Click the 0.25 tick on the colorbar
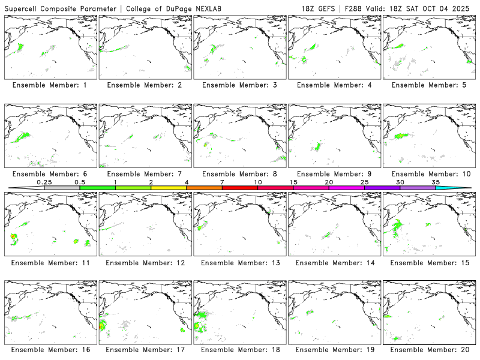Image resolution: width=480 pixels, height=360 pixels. [44, 182]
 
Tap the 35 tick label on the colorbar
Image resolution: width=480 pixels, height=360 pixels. [436, 182]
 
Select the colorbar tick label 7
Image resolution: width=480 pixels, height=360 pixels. [222, 182]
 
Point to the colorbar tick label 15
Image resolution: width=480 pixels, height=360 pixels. [293, 182]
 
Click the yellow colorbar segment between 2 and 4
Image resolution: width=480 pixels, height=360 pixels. [169, 188]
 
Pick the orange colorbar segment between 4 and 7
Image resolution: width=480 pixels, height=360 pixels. [204, 188]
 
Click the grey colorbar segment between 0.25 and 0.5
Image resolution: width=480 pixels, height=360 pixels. [62, 188]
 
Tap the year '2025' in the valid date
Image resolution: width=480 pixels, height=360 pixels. [461, 8]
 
